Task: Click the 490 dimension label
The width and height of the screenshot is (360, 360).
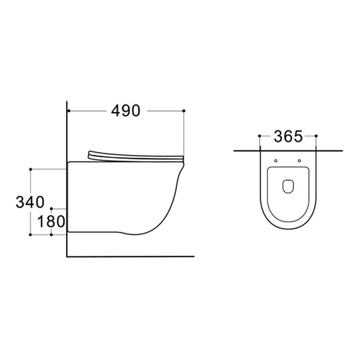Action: point(126,111)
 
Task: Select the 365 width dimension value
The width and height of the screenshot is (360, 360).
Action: point(288,136)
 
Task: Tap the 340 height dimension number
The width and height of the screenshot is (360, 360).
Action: point(30,202)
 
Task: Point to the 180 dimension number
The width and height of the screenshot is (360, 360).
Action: point(51,221)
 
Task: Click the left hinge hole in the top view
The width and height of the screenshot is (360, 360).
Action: point(275,161)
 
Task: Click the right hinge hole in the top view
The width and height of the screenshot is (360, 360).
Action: point(300,161)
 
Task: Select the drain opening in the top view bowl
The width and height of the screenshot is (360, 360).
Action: point(288,186)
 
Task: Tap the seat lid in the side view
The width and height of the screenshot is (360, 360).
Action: point(135,155)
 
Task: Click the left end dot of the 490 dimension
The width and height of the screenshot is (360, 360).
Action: point(68,111)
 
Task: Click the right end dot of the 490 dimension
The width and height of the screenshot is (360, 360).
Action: point(184,111)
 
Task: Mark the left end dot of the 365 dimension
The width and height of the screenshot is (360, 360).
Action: point(259,136)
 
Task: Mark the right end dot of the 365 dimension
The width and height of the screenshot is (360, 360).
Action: point(316,136)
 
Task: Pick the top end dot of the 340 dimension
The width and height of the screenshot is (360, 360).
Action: point(31,169)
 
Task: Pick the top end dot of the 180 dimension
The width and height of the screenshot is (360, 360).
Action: point(51,208)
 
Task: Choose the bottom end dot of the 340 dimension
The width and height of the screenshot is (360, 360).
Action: point(31,234)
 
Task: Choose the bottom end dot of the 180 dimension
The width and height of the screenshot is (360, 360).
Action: point(51,234)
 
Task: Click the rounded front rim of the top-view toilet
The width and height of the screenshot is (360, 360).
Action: point(288,228)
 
